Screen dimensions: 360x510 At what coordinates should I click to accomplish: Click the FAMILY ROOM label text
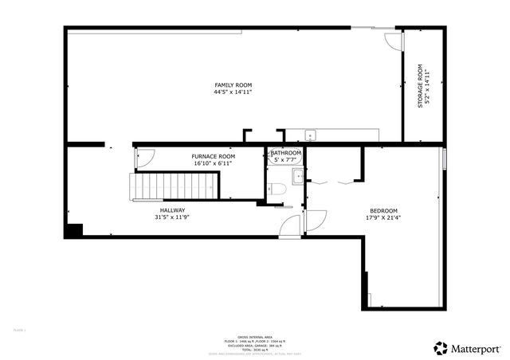pos(233,85)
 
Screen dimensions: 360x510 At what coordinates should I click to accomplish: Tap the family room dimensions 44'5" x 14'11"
pos(233,92)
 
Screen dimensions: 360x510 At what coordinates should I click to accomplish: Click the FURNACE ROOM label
pos(213,156)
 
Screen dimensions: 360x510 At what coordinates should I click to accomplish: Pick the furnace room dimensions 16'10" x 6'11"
pos(213,163)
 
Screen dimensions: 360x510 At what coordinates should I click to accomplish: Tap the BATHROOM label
pos(286,152)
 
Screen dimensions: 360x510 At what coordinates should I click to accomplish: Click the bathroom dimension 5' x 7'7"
pos(286,159)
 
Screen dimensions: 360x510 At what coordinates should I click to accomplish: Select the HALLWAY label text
pos(173,210)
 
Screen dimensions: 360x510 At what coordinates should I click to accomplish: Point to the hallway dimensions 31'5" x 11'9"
pos(173,217)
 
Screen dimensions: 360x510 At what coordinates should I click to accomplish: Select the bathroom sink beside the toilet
pos(297,176)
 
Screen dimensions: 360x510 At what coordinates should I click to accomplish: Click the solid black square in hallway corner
pos(75,230)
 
